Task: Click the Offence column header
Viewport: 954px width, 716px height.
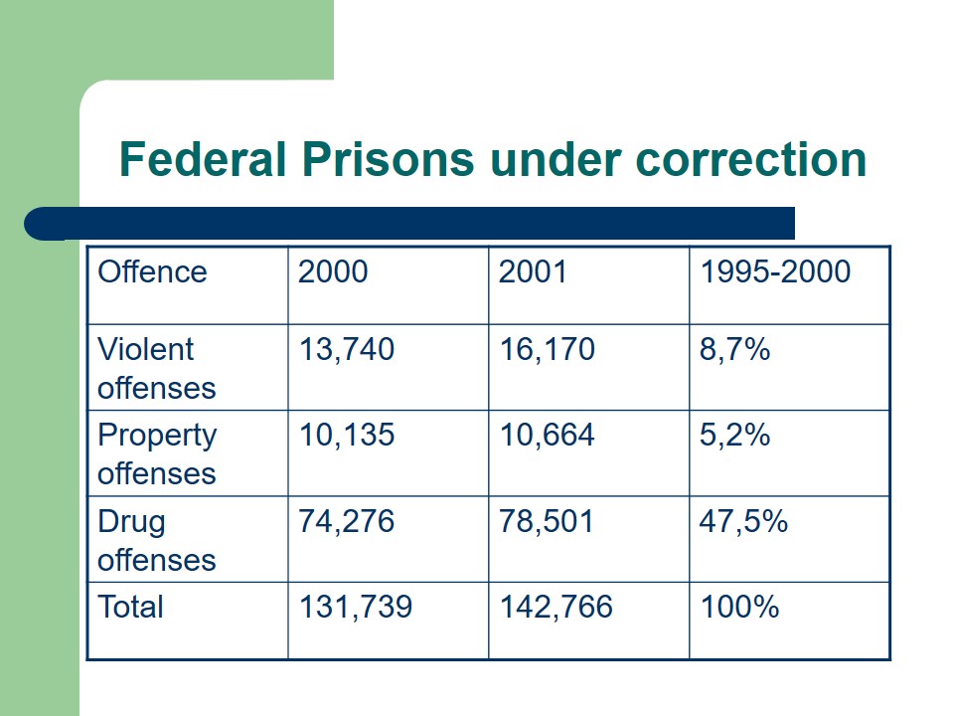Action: (152, 272)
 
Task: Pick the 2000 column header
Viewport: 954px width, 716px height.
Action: (333, 272)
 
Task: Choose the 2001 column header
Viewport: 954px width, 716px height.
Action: (534, 272)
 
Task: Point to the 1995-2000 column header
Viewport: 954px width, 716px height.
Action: (775, 272)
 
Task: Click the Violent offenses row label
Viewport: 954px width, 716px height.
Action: (156, 368)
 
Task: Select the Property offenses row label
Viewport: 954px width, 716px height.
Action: (156, 453)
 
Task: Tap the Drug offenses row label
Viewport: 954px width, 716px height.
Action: (156, 540)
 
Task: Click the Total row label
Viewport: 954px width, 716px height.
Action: (130, 607)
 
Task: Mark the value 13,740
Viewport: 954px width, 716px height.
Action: (347, 349)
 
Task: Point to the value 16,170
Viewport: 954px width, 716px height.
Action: (548, 349)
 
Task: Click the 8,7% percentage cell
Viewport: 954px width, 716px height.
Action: (735, 349)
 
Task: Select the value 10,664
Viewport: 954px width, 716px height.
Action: (548, 436)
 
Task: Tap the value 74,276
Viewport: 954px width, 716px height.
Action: (347, 522)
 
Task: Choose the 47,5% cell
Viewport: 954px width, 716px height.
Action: (744, 522)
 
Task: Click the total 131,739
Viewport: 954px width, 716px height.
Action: (356, 607)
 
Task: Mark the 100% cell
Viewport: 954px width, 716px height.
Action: (739, 607)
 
